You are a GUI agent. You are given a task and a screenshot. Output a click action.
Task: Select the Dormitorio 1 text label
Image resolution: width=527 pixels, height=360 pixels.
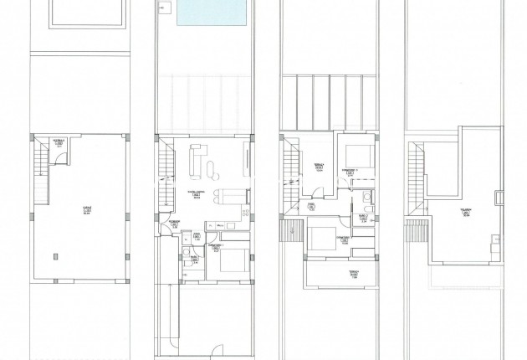point(214,247)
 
